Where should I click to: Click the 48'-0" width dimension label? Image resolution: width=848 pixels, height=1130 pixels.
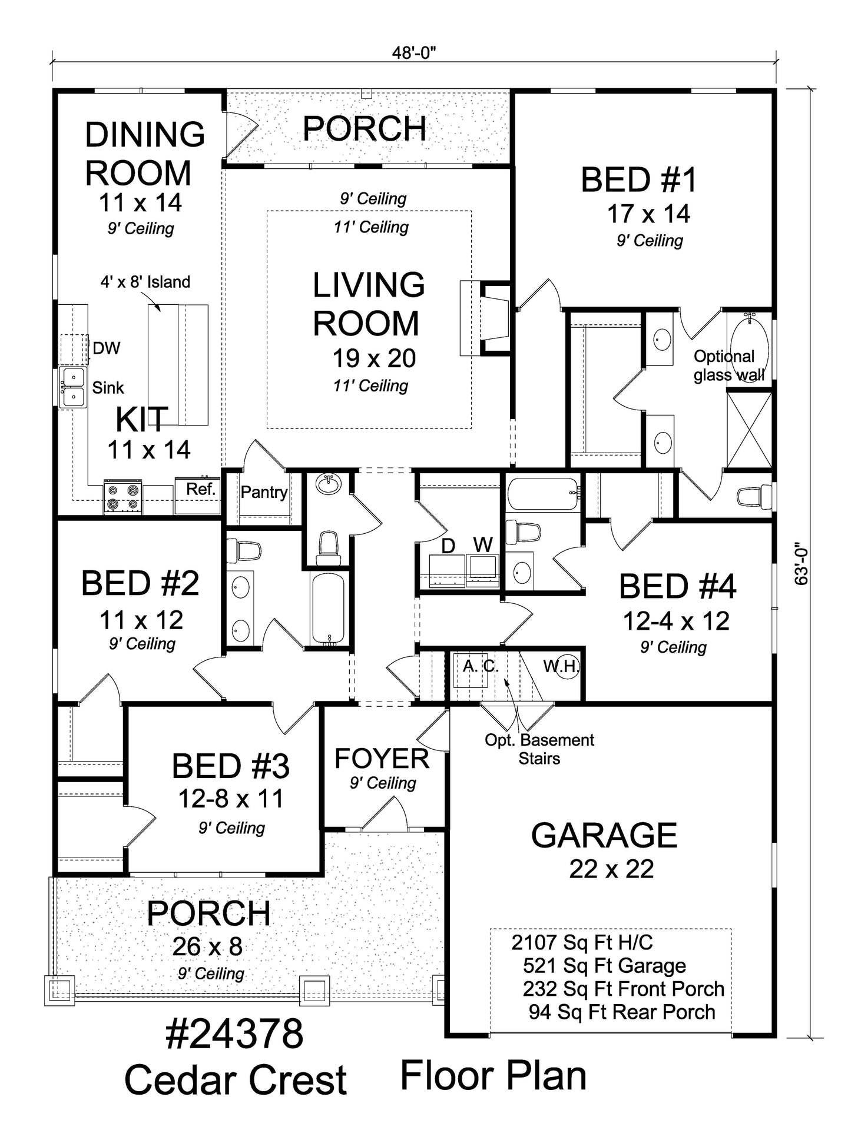414,53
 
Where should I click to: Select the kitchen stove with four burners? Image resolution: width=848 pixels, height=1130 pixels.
122,497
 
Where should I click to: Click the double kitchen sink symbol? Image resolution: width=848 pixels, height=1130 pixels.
73,387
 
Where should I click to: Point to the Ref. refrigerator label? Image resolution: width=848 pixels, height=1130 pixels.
201,488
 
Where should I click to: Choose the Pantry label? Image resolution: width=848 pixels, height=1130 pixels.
264,492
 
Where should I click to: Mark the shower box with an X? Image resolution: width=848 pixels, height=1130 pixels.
749,429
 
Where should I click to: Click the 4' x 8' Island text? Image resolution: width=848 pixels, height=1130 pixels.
145,282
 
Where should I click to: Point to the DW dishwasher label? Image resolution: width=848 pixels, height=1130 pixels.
106,348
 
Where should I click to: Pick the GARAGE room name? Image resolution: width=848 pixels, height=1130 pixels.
604,835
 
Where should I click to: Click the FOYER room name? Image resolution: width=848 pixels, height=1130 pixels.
382,759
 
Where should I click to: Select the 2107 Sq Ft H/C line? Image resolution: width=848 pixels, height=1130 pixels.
582,942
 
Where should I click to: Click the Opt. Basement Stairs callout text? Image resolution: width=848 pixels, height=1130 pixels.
539,749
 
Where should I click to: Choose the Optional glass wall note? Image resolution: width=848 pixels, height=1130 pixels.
729,365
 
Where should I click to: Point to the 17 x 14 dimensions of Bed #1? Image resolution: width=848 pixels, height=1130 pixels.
648,214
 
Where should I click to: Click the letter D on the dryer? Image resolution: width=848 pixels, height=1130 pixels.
448,546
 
